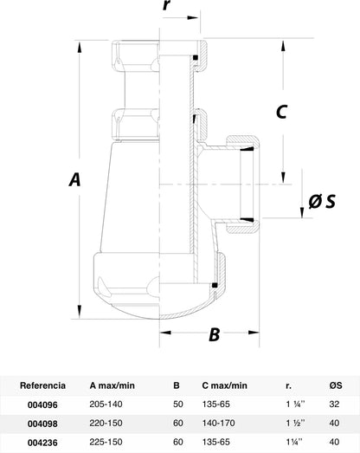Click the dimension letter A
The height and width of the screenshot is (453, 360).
[74, 179]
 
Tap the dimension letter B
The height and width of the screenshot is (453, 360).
[215, 334]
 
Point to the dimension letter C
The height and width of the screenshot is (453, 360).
[281, 111]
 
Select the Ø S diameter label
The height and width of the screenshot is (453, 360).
[322, 201]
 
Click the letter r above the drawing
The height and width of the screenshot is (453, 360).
[166, 5]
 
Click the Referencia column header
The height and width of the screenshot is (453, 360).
[42, 385]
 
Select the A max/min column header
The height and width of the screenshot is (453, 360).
[112, 385]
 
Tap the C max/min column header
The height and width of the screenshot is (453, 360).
[225, 385]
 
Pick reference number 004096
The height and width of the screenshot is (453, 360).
[42, 404]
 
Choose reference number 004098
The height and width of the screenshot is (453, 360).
[42, 424]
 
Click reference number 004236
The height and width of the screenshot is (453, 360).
[42, 443]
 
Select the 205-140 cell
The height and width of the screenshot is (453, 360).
[106, 404]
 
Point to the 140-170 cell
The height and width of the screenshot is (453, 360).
[219, 423]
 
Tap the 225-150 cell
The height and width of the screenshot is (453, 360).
[106, 442]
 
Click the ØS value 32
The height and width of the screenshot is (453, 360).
[334, 404]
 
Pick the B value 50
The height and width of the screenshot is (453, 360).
[178, 404]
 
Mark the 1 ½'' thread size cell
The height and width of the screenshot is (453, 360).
[296, 423]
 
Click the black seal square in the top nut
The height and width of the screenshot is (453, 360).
[196, 57]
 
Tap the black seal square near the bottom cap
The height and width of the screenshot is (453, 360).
[215, 285]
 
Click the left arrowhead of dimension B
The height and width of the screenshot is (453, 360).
[165, 333]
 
